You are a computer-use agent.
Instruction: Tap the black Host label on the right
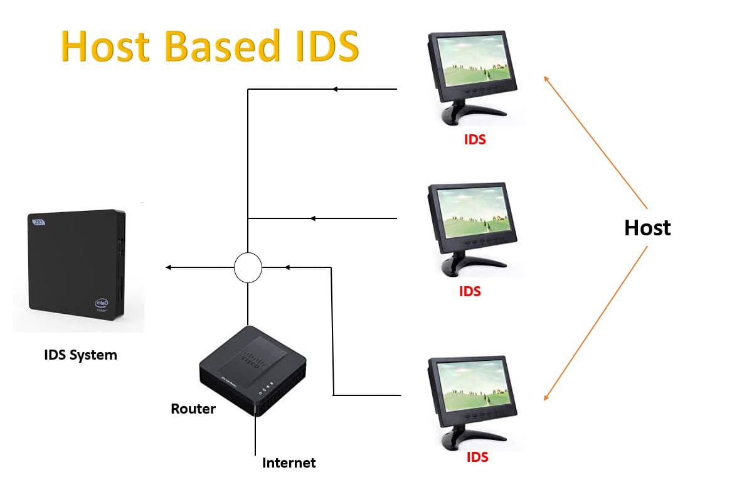(x=647, y=228)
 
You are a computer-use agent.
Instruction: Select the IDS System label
(x=80, y=355)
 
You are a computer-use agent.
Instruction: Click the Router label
(x=193, y=409)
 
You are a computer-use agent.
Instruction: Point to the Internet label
(x=289, y=463)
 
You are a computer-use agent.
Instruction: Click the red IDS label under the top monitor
(x=475, y=139)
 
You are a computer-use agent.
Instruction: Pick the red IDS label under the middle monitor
(x=470, y=291)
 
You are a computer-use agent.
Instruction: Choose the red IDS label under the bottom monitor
(x=477, y=457)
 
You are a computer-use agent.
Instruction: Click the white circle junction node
(x=248, y=268)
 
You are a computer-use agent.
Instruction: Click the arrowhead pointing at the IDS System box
(x=168, y=268)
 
